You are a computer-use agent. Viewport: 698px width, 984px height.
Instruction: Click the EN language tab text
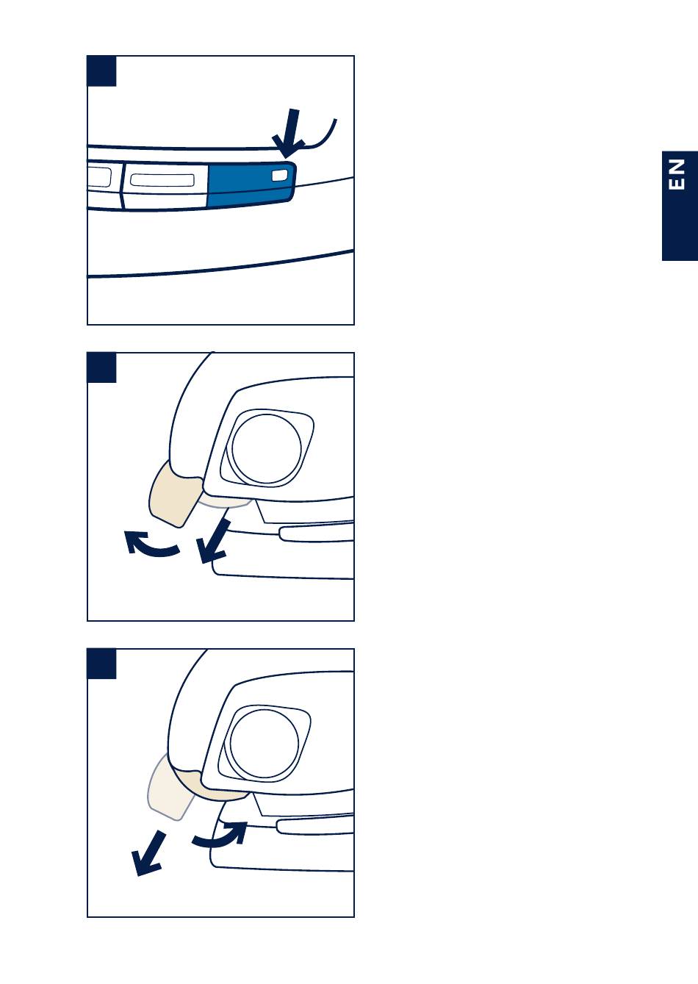(x=677, y=174)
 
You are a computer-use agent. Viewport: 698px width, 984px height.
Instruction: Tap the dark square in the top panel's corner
(x=102, y=71)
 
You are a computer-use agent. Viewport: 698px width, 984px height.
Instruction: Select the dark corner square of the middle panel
(x=102, y=367)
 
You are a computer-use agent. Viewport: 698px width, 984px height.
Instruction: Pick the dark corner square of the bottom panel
(x=102, y=664)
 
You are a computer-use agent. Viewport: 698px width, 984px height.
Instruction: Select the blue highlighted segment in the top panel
(x=251, y=184)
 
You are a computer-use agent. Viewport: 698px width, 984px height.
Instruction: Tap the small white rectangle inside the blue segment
(x=279, y=176)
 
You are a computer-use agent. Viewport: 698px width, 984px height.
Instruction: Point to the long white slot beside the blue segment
(x=162, y=179)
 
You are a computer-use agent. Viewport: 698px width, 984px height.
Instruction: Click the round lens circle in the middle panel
(x=267, y=448)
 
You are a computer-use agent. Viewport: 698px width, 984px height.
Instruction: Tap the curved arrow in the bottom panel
(x=222, y=841)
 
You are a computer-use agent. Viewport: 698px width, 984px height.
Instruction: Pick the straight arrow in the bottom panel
(x=148, y=853)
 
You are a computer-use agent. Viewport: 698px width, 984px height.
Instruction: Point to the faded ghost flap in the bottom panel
(x=169, y=791)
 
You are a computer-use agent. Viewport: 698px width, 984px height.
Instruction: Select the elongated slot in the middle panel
(x=316, y=534)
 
